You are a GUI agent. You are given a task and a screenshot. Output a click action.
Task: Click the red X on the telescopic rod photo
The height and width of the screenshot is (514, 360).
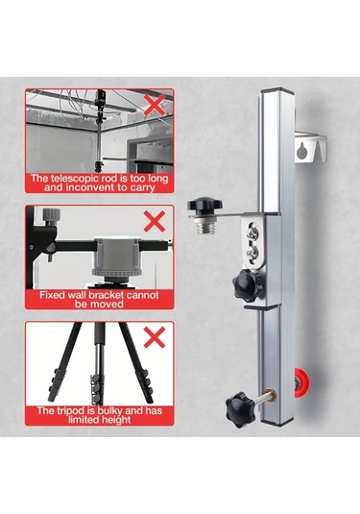(155, 105)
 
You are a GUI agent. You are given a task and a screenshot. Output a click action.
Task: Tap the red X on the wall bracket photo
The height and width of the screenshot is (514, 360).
(155, 222)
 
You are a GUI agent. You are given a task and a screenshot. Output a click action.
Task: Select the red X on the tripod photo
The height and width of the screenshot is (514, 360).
(155, 337)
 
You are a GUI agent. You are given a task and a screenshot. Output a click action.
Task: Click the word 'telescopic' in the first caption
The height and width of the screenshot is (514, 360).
(73, 179)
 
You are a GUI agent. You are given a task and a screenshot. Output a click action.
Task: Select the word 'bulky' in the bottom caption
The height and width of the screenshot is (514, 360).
(110, 411)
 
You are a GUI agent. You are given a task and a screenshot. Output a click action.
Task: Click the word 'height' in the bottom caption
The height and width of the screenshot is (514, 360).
(115, 420)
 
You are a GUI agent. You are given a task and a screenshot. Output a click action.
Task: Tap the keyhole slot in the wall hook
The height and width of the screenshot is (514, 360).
(301, 151)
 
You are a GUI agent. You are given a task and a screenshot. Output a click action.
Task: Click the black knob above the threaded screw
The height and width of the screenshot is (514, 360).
(204, 205)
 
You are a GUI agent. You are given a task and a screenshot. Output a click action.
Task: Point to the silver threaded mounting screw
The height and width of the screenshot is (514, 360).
(204, 226)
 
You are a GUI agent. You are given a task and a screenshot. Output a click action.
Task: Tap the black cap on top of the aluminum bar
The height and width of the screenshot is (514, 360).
(276, 90)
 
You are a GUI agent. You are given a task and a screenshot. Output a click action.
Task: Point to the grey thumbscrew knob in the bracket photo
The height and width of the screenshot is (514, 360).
(52, 216)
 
